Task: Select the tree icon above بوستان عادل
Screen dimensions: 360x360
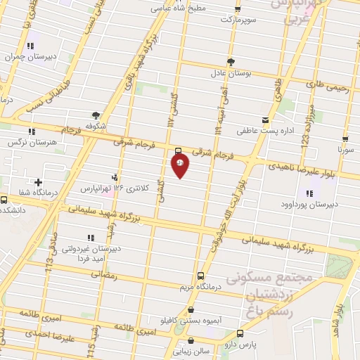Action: coord(231,62)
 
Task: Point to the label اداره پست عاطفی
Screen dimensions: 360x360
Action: coord(264,130)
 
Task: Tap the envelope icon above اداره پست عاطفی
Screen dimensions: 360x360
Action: coord(265,120)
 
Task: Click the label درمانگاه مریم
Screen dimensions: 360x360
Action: coord(200,285)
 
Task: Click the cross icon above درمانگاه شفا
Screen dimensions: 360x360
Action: coord(37,183)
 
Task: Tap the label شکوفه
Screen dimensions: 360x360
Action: coord(96,126)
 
